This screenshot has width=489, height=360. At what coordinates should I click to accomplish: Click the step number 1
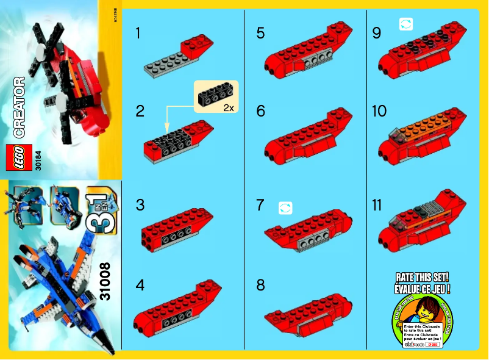[138, 34]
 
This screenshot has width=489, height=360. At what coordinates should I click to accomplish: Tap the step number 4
[140, 285]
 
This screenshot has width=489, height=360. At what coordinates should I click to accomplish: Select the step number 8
[261, 285]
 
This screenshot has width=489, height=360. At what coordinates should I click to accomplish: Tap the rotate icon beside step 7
[285, 208]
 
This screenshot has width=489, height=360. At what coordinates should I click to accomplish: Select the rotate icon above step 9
[405, 24]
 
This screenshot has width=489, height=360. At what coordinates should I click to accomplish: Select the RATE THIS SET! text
[423, 278]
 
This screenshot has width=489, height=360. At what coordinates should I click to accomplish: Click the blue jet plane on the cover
[58, 287]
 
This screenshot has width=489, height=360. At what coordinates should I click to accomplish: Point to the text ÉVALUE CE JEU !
[423, 288]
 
